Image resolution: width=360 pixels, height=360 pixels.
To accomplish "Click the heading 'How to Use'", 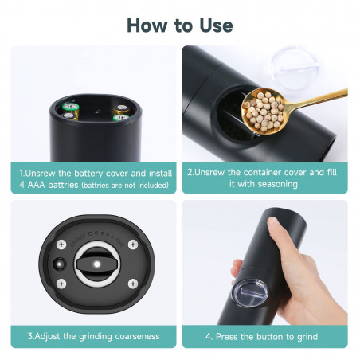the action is pos(180,25).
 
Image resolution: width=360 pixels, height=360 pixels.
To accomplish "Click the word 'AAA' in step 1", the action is pos(36,185).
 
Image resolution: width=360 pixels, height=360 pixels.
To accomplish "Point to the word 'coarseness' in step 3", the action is pos(137,336).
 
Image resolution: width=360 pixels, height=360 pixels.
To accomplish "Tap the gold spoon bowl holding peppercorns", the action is pos(263,111).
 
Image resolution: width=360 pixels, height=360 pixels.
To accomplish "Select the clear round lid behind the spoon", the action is pos(295,69).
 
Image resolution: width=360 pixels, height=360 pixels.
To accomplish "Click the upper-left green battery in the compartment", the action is pos(71,107).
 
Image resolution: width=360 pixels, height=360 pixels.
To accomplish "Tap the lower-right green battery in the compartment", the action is pos(121,117).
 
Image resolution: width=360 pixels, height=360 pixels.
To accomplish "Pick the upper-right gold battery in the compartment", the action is pos(122,108).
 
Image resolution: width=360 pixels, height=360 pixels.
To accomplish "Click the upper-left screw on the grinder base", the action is pos(61,244).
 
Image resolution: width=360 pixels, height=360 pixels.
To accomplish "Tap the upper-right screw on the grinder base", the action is pos(133,245).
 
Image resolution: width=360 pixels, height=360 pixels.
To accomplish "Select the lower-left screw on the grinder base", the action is pos(61,284).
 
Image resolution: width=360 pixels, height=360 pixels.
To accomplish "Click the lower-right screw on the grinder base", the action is pos(133,284).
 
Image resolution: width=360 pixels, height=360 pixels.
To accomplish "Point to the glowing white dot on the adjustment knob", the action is pos(97,264).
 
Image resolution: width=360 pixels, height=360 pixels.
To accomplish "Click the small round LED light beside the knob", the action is pos(60,264).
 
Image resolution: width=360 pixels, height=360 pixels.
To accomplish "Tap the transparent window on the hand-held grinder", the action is pos(250,293).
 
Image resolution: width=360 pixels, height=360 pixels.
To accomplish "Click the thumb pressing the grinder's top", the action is pos(274,226).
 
